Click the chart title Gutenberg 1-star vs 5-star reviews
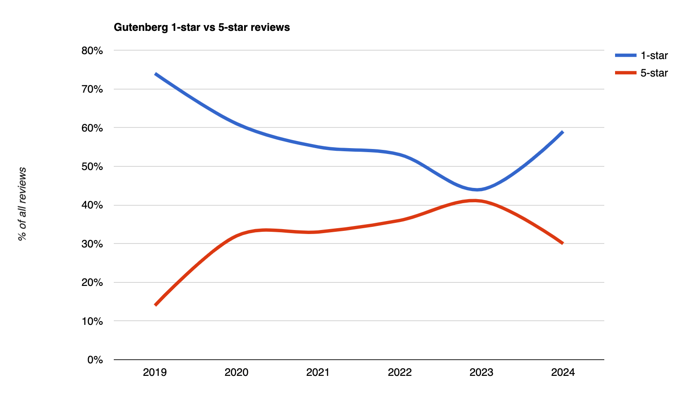tap(202, 27)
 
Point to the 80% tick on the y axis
tap(92, 51)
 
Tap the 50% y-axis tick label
tap(92, 166)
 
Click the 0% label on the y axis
tap(95, 360)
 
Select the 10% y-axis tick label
tap(92, 321)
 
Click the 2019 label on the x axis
tap(155, 372)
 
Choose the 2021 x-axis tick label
tap(318, 372)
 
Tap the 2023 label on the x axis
tap(481, 372)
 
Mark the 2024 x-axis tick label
tap(563, 372)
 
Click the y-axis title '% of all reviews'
tap(22, 204)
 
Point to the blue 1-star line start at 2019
tap(155, 74)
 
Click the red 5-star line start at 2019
tap(155, 305)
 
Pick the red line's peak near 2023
tap(474, 200)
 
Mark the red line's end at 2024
tap(562, 243)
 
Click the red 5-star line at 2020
tap(237, 235)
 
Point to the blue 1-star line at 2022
tap(400, 155)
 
